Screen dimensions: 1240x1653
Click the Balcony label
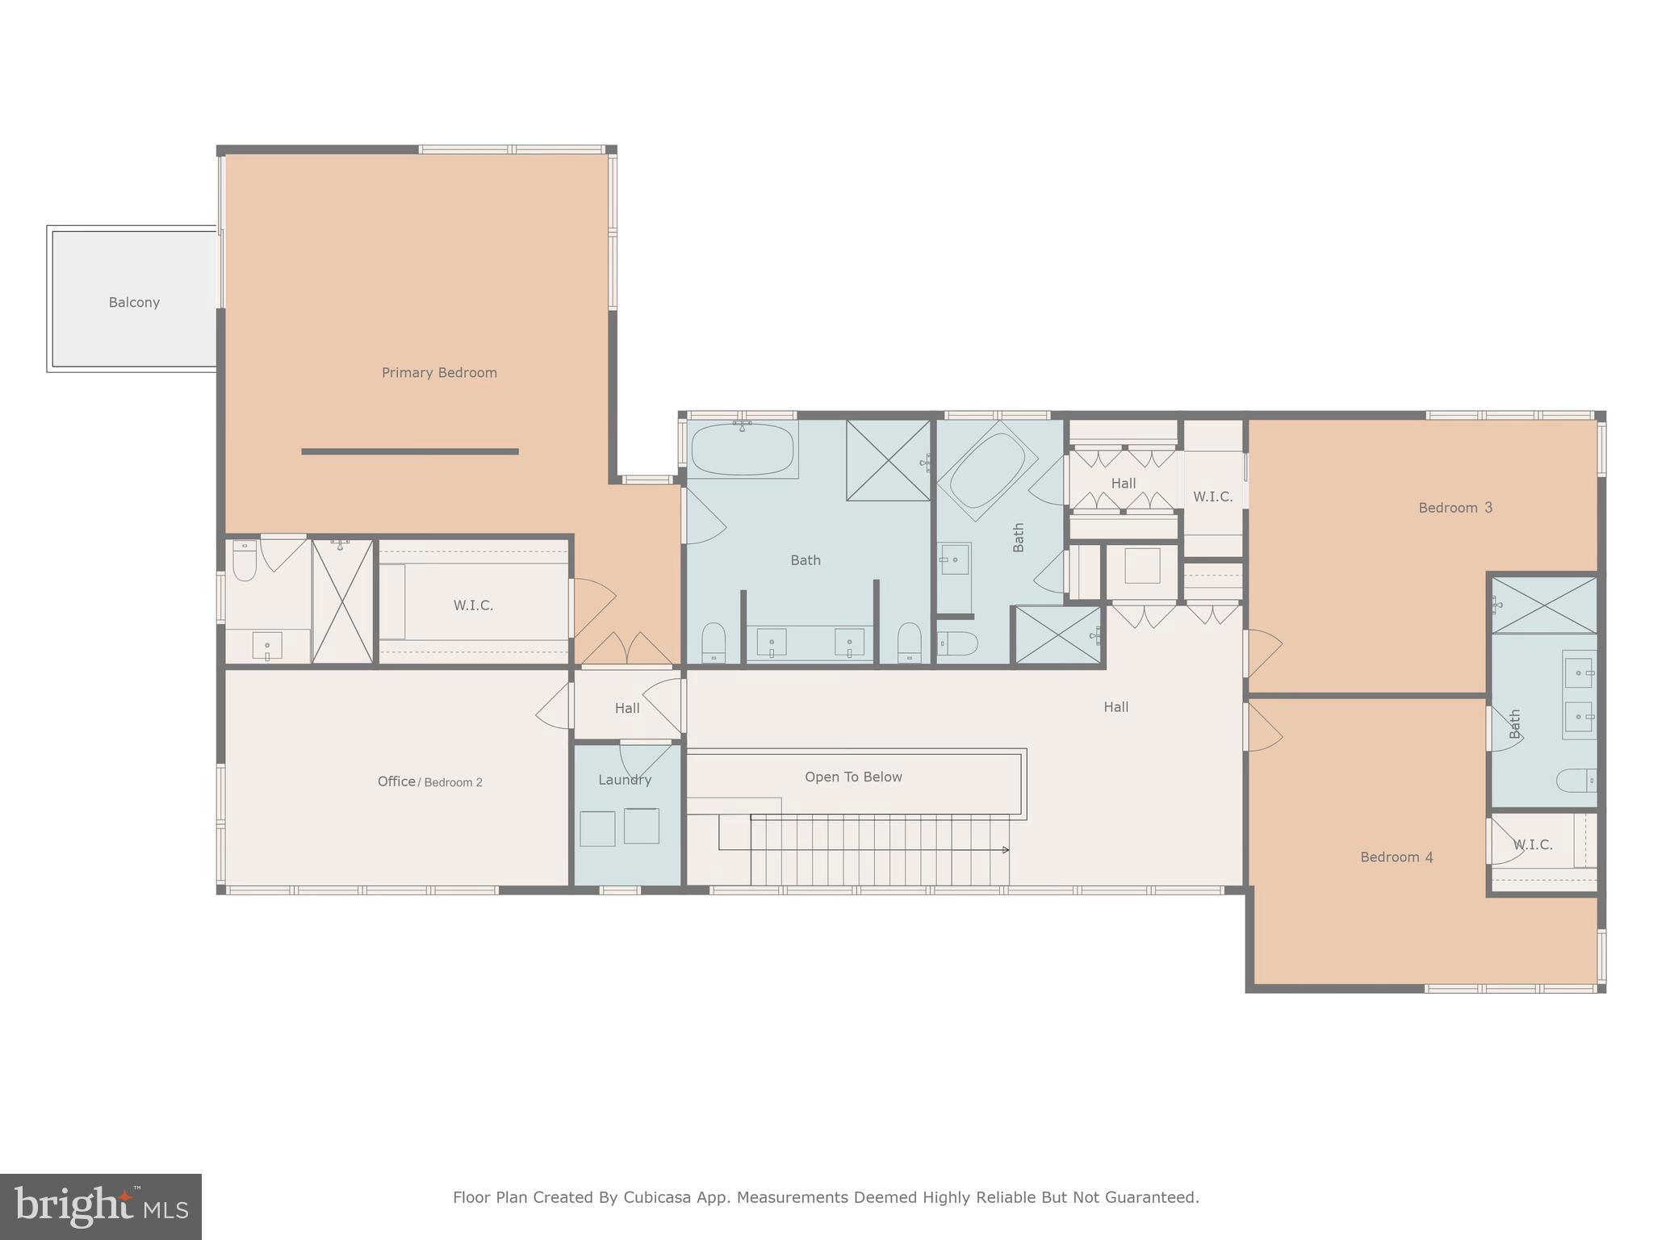click(x=134, y=303)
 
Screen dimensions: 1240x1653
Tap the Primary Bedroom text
click(x=439, y=373)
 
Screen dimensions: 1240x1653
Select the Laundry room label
click(x=625, y=780)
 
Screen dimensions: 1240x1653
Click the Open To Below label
click(x=853, y=777)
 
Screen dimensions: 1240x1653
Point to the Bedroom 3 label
click(x=1455, y=508)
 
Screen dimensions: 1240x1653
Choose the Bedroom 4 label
click(x=1396, y=857)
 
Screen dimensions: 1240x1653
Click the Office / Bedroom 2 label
click(x=429, y=781)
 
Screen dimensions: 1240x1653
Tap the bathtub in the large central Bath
click(x=742, y=450)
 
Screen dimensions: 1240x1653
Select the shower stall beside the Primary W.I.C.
click(x=343, y=602)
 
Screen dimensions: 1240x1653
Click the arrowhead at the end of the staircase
click(x=1006, y=850)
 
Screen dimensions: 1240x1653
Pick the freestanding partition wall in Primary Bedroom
click(x=410, y=452)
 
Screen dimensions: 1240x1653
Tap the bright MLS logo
click(x=101, y=1207)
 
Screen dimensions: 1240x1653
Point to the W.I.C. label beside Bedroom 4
click(x=1532, y=845)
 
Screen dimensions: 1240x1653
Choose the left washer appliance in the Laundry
click(x=597, y=828)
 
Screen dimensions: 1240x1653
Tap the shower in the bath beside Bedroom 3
click(x=1543, y=605)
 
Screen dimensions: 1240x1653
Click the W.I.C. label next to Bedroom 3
click(x=1212, y=497)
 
